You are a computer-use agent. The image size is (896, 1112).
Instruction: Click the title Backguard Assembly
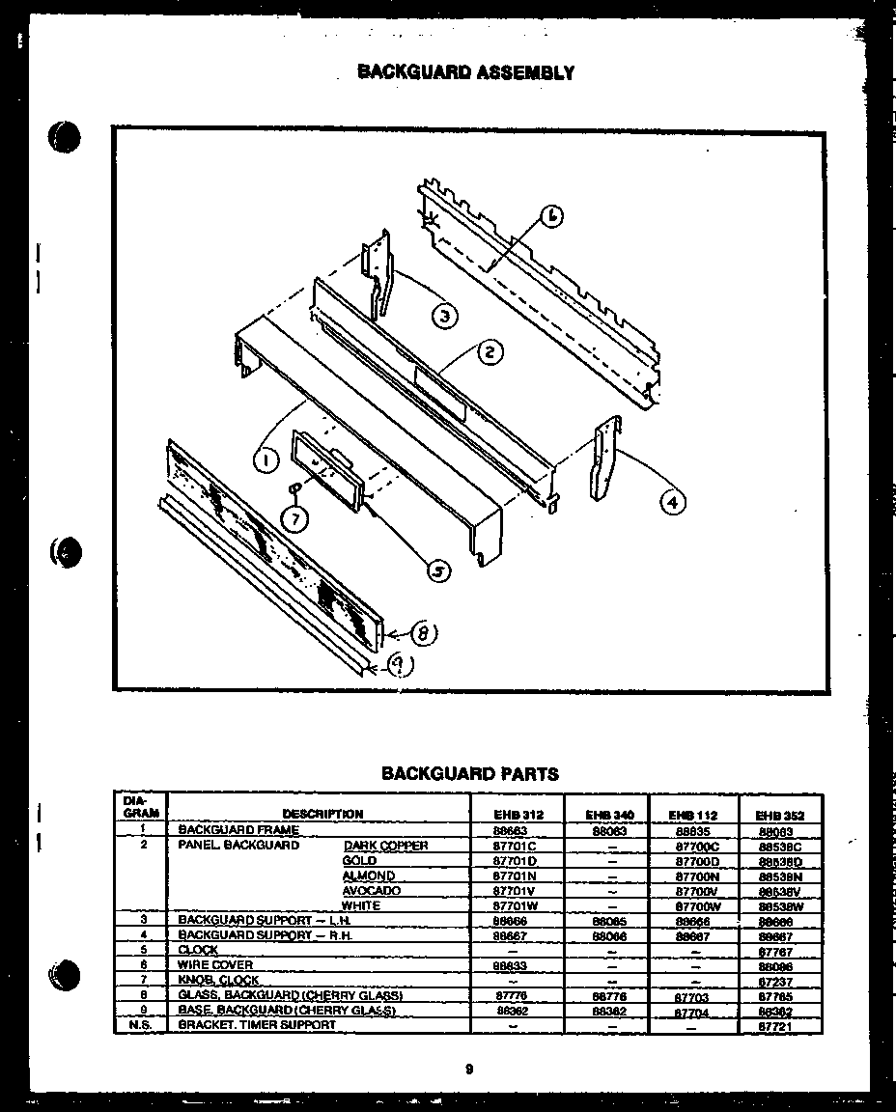465,72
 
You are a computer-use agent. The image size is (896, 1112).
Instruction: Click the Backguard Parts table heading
469,773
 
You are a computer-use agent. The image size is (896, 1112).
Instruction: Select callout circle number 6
548,216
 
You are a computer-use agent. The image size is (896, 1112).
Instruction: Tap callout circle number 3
443,315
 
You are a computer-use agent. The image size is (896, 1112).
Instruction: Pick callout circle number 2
490,353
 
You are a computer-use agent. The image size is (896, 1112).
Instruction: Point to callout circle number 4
673,501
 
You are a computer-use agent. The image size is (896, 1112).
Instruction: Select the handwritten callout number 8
422,633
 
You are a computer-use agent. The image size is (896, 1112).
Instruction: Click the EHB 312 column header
518,815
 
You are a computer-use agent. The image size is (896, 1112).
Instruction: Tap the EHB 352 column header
780,815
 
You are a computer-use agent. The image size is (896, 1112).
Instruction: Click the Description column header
322,814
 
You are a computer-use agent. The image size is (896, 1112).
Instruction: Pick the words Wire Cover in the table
215,964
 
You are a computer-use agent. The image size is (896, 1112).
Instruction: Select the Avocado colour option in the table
371,891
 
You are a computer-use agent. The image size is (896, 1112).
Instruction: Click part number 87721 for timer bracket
775,1025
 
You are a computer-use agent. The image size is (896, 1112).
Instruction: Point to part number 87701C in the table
515,846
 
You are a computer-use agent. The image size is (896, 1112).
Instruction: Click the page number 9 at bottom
468,1069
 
